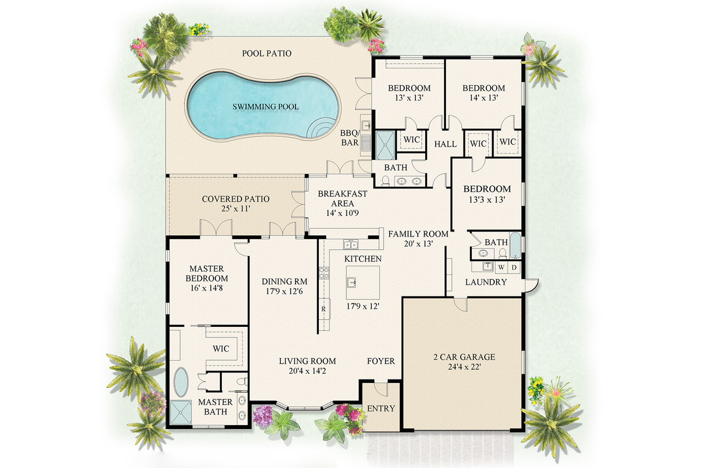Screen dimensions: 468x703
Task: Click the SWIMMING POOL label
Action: tap(258, 107)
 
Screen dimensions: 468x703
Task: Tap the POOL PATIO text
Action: tap(267, 53)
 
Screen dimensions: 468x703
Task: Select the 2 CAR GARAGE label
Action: tap(464, 357)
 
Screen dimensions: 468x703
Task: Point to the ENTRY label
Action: tap(381, 409)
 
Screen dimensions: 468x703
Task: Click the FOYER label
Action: tap(381, 361)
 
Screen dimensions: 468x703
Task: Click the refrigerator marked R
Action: tap(324, 309)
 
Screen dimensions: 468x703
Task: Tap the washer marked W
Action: tap(501, 266)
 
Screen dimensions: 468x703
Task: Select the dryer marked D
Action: tap(514, 266)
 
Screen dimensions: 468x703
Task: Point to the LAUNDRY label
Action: tap(486, 283)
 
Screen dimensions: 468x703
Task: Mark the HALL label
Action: tap(446, 144)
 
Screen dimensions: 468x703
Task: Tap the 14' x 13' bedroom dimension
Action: tap(484, 98)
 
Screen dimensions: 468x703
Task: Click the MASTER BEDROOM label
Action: tap(206, 274)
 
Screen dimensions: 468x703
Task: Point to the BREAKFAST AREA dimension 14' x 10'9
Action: tap(342, 213)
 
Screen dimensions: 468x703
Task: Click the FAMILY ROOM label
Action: tap(418, 234)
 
